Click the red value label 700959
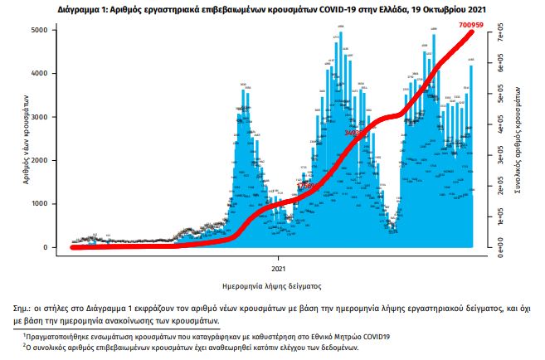pyautogui.click(x=475, y=25)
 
